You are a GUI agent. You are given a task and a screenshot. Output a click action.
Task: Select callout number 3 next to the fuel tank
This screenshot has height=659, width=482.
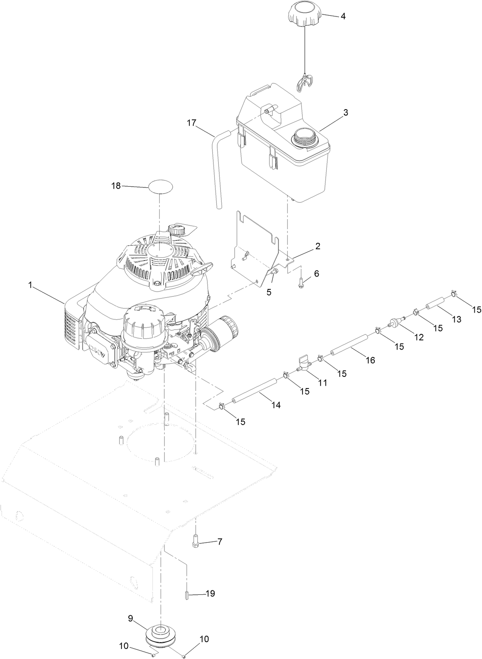pos(345,113)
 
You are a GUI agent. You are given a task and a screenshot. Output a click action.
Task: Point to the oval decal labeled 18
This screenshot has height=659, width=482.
pos(161,187)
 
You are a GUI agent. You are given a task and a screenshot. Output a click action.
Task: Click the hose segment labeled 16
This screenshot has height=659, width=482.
pos(350,345)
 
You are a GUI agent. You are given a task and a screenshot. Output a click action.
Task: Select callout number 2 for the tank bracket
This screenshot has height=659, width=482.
pos(317,246)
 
